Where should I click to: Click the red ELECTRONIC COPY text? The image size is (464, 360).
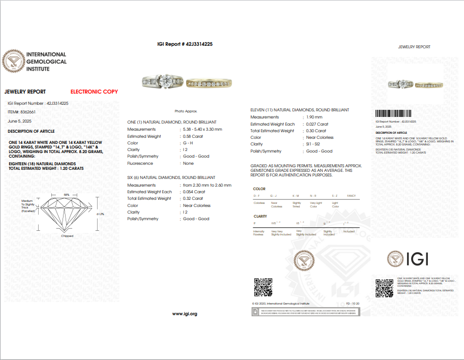(x=94, y=92)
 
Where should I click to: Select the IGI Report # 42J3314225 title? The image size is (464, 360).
(x=185, y=44)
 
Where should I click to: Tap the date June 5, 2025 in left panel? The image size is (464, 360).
(x=20, y=121)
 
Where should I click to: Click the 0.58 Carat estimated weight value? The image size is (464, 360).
(x=194, y=136)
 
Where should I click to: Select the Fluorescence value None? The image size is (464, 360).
(x=188, y=163)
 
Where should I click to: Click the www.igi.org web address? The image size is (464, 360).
(x=184, y=314)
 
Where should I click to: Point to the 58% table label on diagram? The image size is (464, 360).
(x=67, y=195)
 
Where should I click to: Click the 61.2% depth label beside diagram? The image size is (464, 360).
(x=100, y=214)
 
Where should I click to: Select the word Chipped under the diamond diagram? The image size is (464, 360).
(x=67, y=236)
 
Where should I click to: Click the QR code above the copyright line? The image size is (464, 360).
(x=263, y=287)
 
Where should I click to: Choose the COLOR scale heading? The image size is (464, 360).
(x=259, y=189)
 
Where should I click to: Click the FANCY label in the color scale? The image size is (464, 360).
(x=351, y=196)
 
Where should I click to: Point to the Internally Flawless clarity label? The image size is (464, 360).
(x=259, y=233)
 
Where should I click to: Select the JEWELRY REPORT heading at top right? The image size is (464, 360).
(x=414, y=47)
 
